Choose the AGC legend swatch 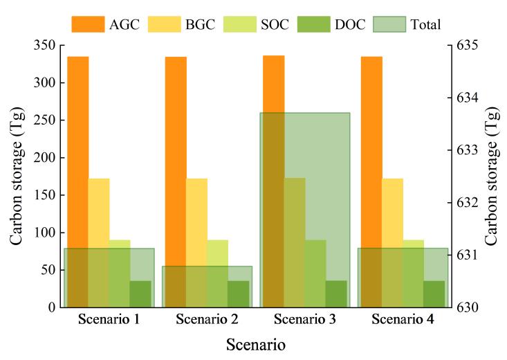(x=88, y=24)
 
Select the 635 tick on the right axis (x=468, y=46)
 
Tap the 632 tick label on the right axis (x=468, y=203)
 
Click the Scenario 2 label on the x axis (x=207, y=320)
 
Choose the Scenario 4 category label (x=403, y=320)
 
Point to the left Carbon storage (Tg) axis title (x=16, y=177)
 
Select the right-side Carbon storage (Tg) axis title (x=492, y=177)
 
